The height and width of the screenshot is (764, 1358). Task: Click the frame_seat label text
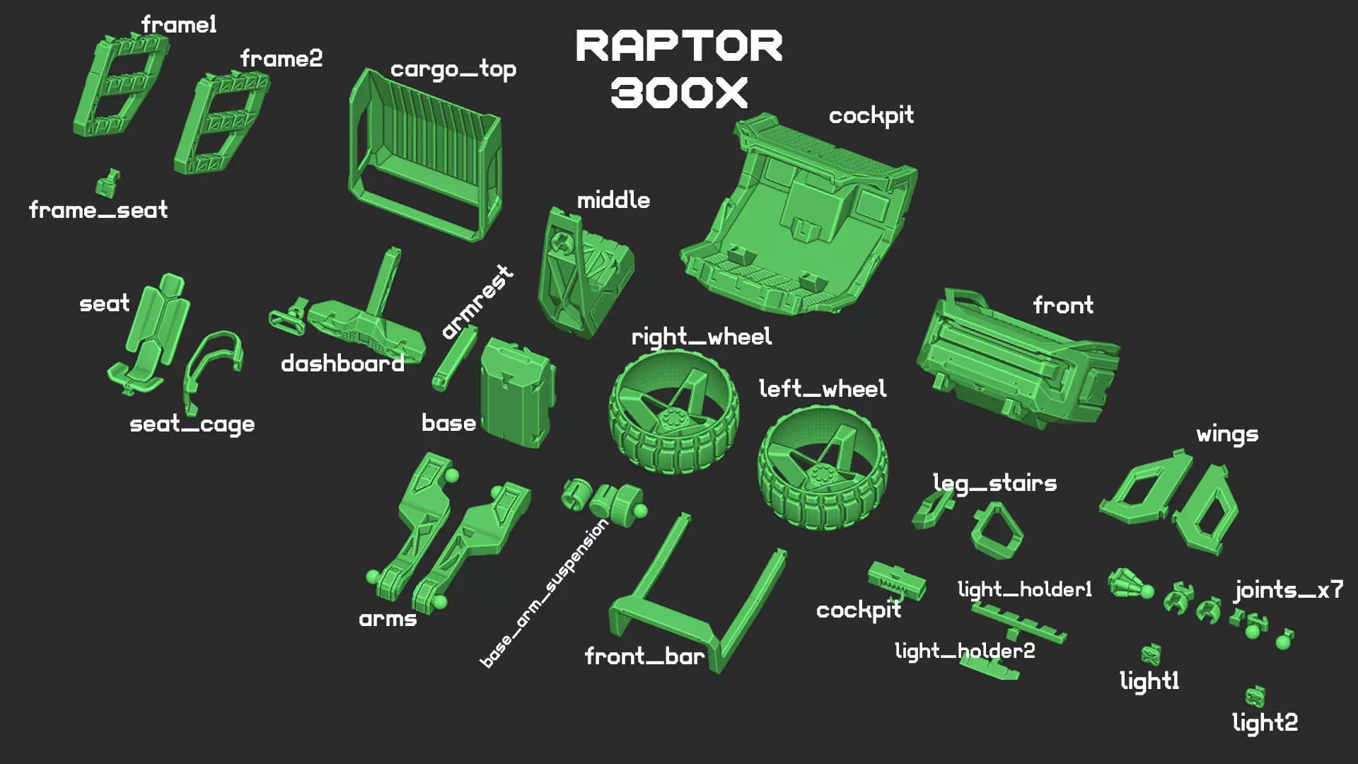click(98, 210)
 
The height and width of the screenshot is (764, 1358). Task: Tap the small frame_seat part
click(108, 183)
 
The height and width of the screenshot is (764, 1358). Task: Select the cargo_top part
click(424, 156)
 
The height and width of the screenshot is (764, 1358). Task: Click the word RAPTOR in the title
click(679, 47)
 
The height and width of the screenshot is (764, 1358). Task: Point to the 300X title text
click(679, 93)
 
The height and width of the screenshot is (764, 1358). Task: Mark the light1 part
click(1151, 654)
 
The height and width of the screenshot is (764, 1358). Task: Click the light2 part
click(1255, 697)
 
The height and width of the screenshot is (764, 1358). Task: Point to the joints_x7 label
click(1288, 591)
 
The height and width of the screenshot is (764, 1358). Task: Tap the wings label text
click(1227, 434)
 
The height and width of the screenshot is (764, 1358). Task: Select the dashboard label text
click(342, 364)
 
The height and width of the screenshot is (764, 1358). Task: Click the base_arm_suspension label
click(543, 594)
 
